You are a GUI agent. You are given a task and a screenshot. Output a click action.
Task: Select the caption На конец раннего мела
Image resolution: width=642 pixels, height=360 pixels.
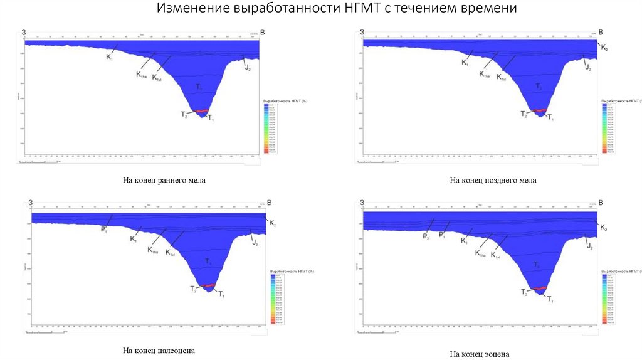[x=164, y=181]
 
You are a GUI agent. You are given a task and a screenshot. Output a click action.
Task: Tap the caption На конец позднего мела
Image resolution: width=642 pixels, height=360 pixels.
[x=493, y=181]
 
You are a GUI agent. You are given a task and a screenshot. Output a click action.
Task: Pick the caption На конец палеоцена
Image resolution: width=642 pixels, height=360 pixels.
[x=163, y=351]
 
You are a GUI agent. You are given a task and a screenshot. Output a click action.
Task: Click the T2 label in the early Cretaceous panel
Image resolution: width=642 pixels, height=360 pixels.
[x=184, y=114]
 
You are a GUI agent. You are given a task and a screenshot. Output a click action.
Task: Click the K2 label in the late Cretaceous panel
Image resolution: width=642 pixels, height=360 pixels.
[x=604, y=47]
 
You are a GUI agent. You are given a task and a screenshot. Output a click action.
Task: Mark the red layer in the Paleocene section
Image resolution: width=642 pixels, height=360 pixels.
[x=209, y=285]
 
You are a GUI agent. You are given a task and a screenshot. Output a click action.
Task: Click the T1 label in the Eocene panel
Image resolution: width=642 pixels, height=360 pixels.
[x=550, y=300]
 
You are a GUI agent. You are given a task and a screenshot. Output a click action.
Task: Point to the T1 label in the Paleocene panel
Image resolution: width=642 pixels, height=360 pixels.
[x=221, y=294]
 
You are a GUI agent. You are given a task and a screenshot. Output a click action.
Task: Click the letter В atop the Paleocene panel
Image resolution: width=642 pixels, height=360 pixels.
[x=270, y=203]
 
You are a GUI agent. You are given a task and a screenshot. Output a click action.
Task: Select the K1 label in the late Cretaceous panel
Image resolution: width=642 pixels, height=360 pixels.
[x=465, y=63]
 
